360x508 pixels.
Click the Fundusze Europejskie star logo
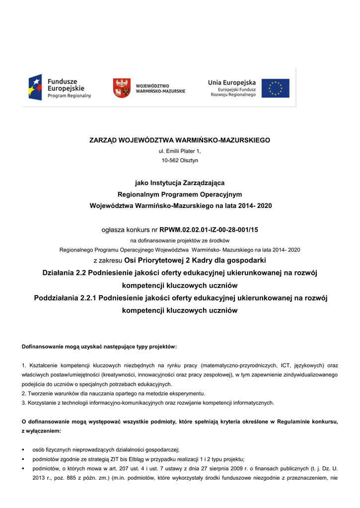pos(35,87)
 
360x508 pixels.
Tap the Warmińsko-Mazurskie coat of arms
pos(122,88)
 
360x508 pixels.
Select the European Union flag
pos(276,88)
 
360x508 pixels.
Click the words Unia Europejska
pos(232,82)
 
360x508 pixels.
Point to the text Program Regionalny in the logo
pos(69,96)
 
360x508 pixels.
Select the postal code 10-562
pos(170,160)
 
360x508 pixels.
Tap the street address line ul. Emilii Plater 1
pos(180,151)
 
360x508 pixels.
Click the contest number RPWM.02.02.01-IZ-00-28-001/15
pos(209,230)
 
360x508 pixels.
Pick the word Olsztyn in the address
pos(189,160)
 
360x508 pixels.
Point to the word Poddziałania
pos(55,298)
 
